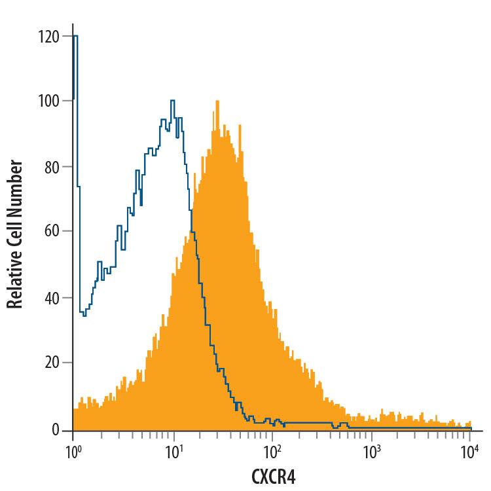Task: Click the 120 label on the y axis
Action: click(x=50, y=37)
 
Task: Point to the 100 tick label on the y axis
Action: click(x=50, y=101)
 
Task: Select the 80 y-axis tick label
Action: click(x=52, y=167)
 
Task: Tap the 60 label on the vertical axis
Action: click(x=52, y=232)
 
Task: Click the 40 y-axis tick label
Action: click(x=52, y=298)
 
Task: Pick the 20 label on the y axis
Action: click(x=52, y=363)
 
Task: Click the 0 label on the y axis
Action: click(x=56, y=429)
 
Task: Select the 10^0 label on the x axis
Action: click(x=73, y=452)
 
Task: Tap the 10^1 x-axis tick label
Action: click(x=173, y=452)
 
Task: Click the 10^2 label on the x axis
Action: click(x=272, y=452)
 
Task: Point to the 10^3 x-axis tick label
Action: click(x=371, y=452)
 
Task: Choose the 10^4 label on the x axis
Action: click(x=470, y=452)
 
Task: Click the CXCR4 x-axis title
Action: click(x=273, y=476)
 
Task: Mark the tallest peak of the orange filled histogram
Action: click(x=215, y=101)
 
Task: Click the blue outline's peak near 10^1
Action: click(x=172, y=101)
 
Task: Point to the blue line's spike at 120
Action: click(x=75, y=37)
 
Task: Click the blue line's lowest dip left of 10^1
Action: click(x=85, y=316)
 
